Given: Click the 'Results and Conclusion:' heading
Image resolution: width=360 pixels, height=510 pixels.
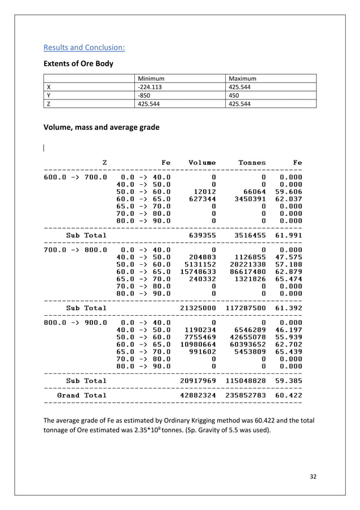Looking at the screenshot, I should (x=84, y=47).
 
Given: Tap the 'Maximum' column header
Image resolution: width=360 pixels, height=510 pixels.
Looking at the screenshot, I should (x=242, y=79).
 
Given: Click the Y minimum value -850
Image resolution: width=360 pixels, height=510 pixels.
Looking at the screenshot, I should (x=144, y=95).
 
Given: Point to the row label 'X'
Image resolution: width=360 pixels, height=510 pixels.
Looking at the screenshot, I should (x=49, y=87).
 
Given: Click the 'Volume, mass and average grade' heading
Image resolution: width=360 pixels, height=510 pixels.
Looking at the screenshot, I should (x=102, y=128).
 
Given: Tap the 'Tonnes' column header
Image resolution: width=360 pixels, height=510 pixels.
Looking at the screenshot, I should (x=252, y=163).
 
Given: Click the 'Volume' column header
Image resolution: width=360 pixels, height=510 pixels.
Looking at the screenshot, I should (x=202, y=163).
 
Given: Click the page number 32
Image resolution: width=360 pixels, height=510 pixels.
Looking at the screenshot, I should (x=313, y=476).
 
